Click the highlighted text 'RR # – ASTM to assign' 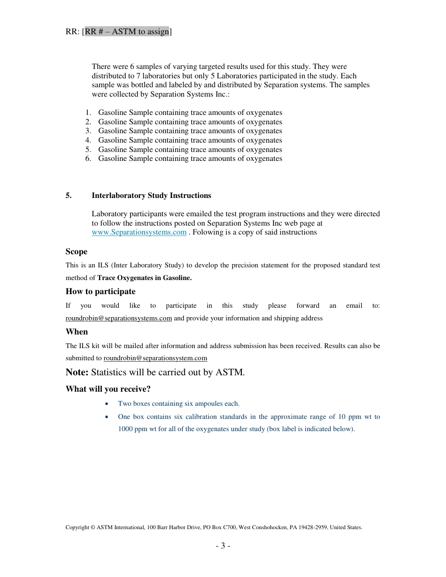click(x=127, y=31)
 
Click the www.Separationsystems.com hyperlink click(x=139, y=232)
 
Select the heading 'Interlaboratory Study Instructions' click(x=151, y=196)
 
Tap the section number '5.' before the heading click(x=69, y=196)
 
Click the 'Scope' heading click(x=77, y=251)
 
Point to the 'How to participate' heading click(x=100, y=291)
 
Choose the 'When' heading click(x=77, y=332)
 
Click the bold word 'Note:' click(x=77, y=372)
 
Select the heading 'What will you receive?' click(x=108, y=389)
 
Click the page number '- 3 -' click(x=223, y=546)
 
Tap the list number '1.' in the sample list click(x=88, y=113)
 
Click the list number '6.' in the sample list click(x=88, y=159)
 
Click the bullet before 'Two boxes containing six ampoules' click(x=108, y=404)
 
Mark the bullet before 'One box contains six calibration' click(x=108, y=417)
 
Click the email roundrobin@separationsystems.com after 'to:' click(x=119, y=318)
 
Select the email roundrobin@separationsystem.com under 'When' click(x=155, y=358)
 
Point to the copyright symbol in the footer click(x=92, y=527)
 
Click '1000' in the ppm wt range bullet click(x=126, y=429)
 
